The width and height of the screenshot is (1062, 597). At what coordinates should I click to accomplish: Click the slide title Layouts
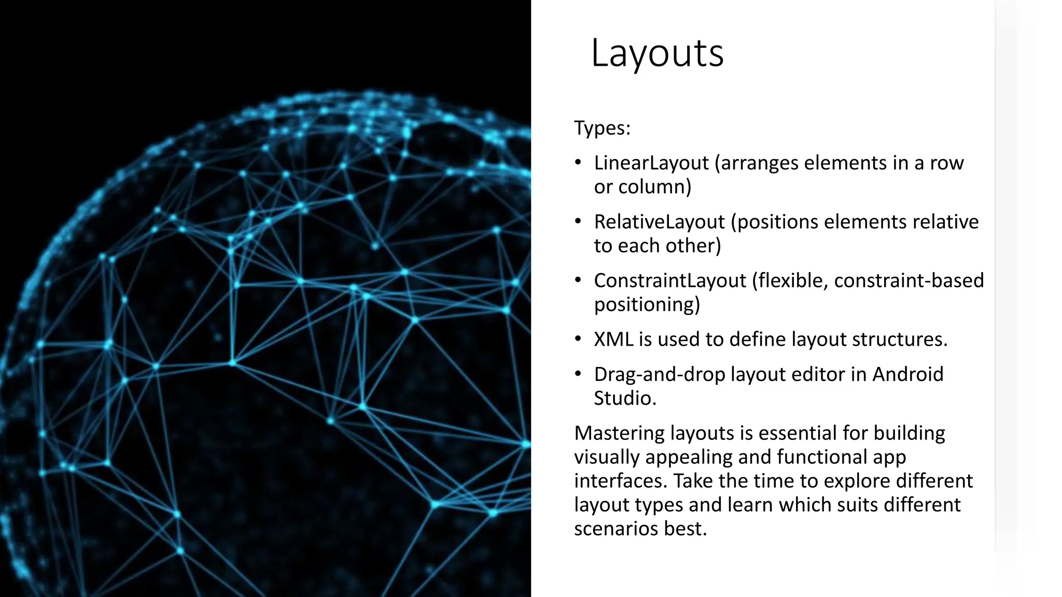coord(657,53)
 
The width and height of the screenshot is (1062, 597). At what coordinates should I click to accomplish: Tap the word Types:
coord(602,128)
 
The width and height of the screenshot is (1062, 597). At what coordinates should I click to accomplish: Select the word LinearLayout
coord(651,163)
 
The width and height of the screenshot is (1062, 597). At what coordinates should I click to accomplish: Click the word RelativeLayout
coord(659,222)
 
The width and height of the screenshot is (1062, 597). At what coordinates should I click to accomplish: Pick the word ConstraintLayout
coord(670,281)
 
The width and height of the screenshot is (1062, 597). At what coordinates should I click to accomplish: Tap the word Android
coord(907,374)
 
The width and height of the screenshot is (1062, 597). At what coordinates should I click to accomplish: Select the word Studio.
coord(625,399)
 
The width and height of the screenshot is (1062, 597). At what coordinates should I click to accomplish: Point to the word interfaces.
coord(621,481)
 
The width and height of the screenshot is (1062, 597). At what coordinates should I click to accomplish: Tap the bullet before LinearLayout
coord(578,163)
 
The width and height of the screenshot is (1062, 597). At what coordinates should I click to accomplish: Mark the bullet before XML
coord(578,339)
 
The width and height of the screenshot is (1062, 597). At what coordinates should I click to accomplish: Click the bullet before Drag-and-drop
coord(578,374)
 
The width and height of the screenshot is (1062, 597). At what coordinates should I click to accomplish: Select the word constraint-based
coord(909,281)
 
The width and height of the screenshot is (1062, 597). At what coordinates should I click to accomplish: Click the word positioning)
coord(647,305)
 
